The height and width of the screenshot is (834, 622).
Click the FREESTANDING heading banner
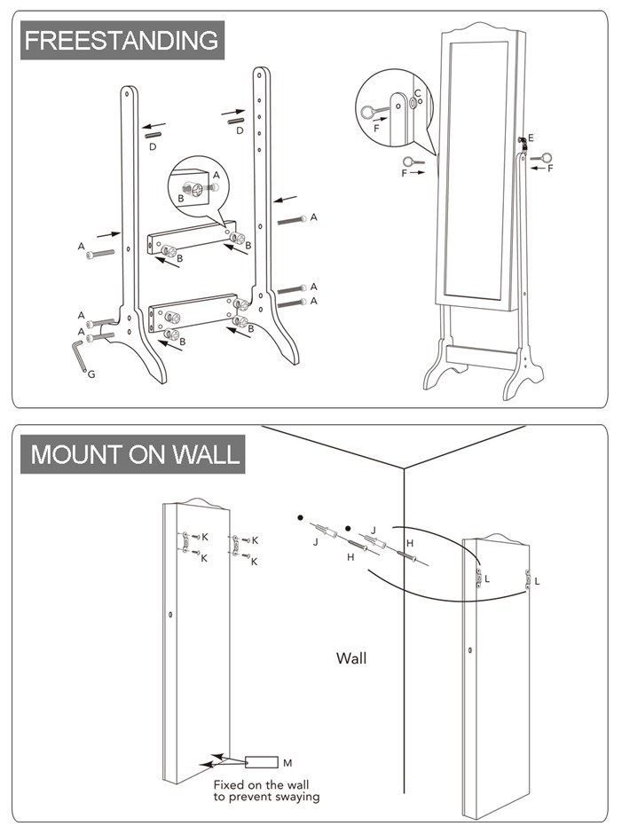[x=122, y=41]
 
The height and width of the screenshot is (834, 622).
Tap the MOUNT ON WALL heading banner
[x=132, y=454]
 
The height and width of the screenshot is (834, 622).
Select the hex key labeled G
[x=79, y=357]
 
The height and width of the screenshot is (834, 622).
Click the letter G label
[x=91, y=374]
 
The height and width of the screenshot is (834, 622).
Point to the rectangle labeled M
[x=262, y=762]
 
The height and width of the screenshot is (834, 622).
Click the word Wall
[x=351, y=658]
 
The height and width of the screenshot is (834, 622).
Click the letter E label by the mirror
[x=531, y=138]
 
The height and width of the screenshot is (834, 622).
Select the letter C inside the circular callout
[x=418, y=94]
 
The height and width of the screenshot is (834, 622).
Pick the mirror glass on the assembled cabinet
[x=475, y=170]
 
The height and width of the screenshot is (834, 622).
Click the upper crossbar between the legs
[x=192, y=237]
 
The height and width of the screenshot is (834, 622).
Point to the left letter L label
[x=487, y=578]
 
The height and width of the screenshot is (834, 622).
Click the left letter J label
[x=316, y=542]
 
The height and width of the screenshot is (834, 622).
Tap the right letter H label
[x=410, y=543]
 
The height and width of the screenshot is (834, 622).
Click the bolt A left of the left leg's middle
[x=100, y=255]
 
